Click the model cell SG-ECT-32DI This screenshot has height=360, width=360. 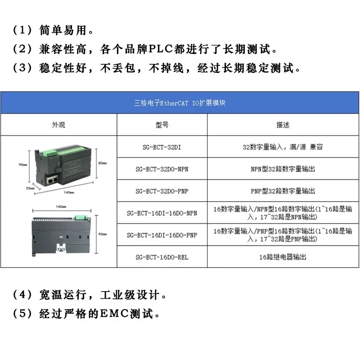162,147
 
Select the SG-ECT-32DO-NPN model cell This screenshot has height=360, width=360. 162,169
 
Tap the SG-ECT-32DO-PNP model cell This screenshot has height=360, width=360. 162,191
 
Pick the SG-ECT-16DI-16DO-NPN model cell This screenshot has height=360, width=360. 162,213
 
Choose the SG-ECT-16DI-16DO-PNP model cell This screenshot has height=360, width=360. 162,235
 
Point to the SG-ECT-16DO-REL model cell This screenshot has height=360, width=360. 162,257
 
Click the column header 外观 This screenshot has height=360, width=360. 58,125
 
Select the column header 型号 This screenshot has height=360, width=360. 162,125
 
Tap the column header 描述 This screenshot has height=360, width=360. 283,125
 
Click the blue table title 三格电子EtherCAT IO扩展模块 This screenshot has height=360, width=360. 180,103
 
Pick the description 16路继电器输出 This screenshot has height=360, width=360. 283,257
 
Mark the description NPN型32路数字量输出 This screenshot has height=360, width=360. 283,169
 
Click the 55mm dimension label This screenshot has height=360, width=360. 30,188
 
